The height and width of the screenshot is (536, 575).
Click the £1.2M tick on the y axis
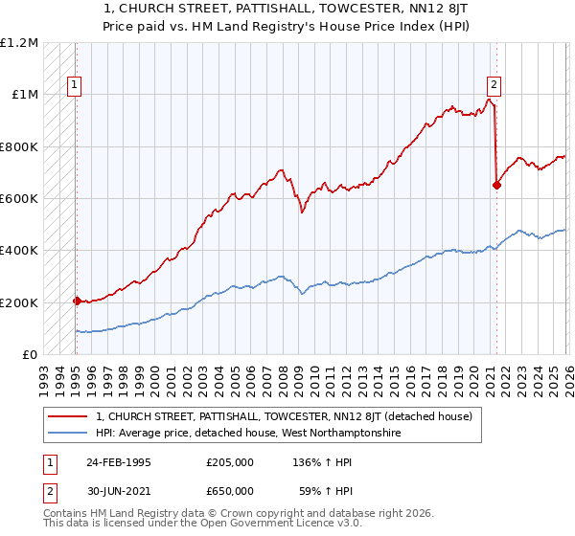(19, 43)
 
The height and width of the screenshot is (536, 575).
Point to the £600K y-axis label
(19, 199)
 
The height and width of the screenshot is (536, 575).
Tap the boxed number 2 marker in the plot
(494, 83)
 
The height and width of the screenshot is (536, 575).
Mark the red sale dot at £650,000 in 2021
(496, 186)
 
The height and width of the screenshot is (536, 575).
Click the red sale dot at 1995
(77, 301)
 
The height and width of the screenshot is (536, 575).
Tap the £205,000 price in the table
(230, 461)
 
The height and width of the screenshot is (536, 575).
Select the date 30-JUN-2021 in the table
(117, 490)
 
